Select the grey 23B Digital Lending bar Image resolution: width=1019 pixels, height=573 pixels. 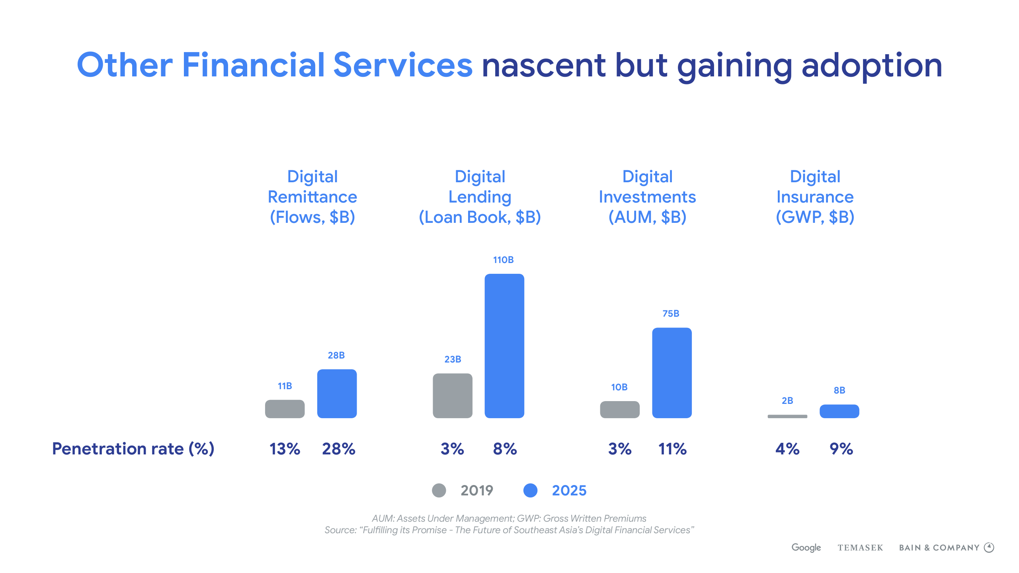coord(453,396)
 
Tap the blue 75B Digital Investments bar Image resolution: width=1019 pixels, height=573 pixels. coord(672,372)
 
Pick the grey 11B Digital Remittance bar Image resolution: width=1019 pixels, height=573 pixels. coord(285,409)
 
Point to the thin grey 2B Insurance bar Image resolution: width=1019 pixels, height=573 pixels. coord(787,416)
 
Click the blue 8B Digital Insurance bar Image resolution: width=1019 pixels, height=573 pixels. coord(839,411)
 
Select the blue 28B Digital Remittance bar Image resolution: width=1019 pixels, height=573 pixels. coord(337,394)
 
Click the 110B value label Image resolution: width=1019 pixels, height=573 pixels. coord(504,260)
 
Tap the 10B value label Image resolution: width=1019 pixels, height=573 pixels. coord(619,387)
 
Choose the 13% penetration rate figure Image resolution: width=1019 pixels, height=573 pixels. coord(285,449)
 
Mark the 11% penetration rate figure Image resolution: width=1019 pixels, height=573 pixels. coord(672,449)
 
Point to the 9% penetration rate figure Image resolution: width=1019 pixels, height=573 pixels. coord(841,449)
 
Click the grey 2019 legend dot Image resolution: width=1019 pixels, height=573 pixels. coord(439,490)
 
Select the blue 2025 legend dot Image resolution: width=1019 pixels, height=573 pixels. coord(530,490)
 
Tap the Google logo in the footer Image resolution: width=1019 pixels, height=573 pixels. coord(806,548)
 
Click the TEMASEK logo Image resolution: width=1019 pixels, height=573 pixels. coord(860,548)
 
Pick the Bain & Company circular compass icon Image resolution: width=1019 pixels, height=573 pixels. coord(989,548)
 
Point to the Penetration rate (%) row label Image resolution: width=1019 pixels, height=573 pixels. coord(133,449)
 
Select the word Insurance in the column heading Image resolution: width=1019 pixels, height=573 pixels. coord(815,197)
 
